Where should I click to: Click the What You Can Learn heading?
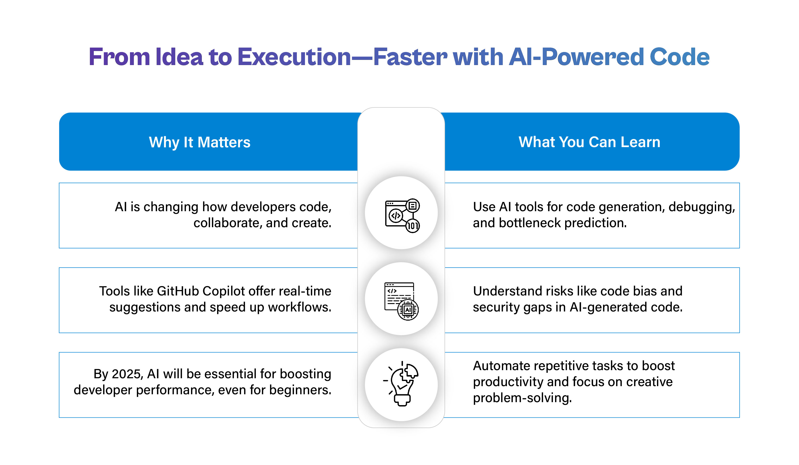pyautogui.click(x=589, y=142)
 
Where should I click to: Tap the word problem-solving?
pyautogui.click(x=522, y=398)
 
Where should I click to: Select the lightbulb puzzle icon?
pyautogui.click(x=401, y=384)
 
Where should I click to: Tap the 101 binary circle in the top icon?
pyautogui.click(x=413, y=226)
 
